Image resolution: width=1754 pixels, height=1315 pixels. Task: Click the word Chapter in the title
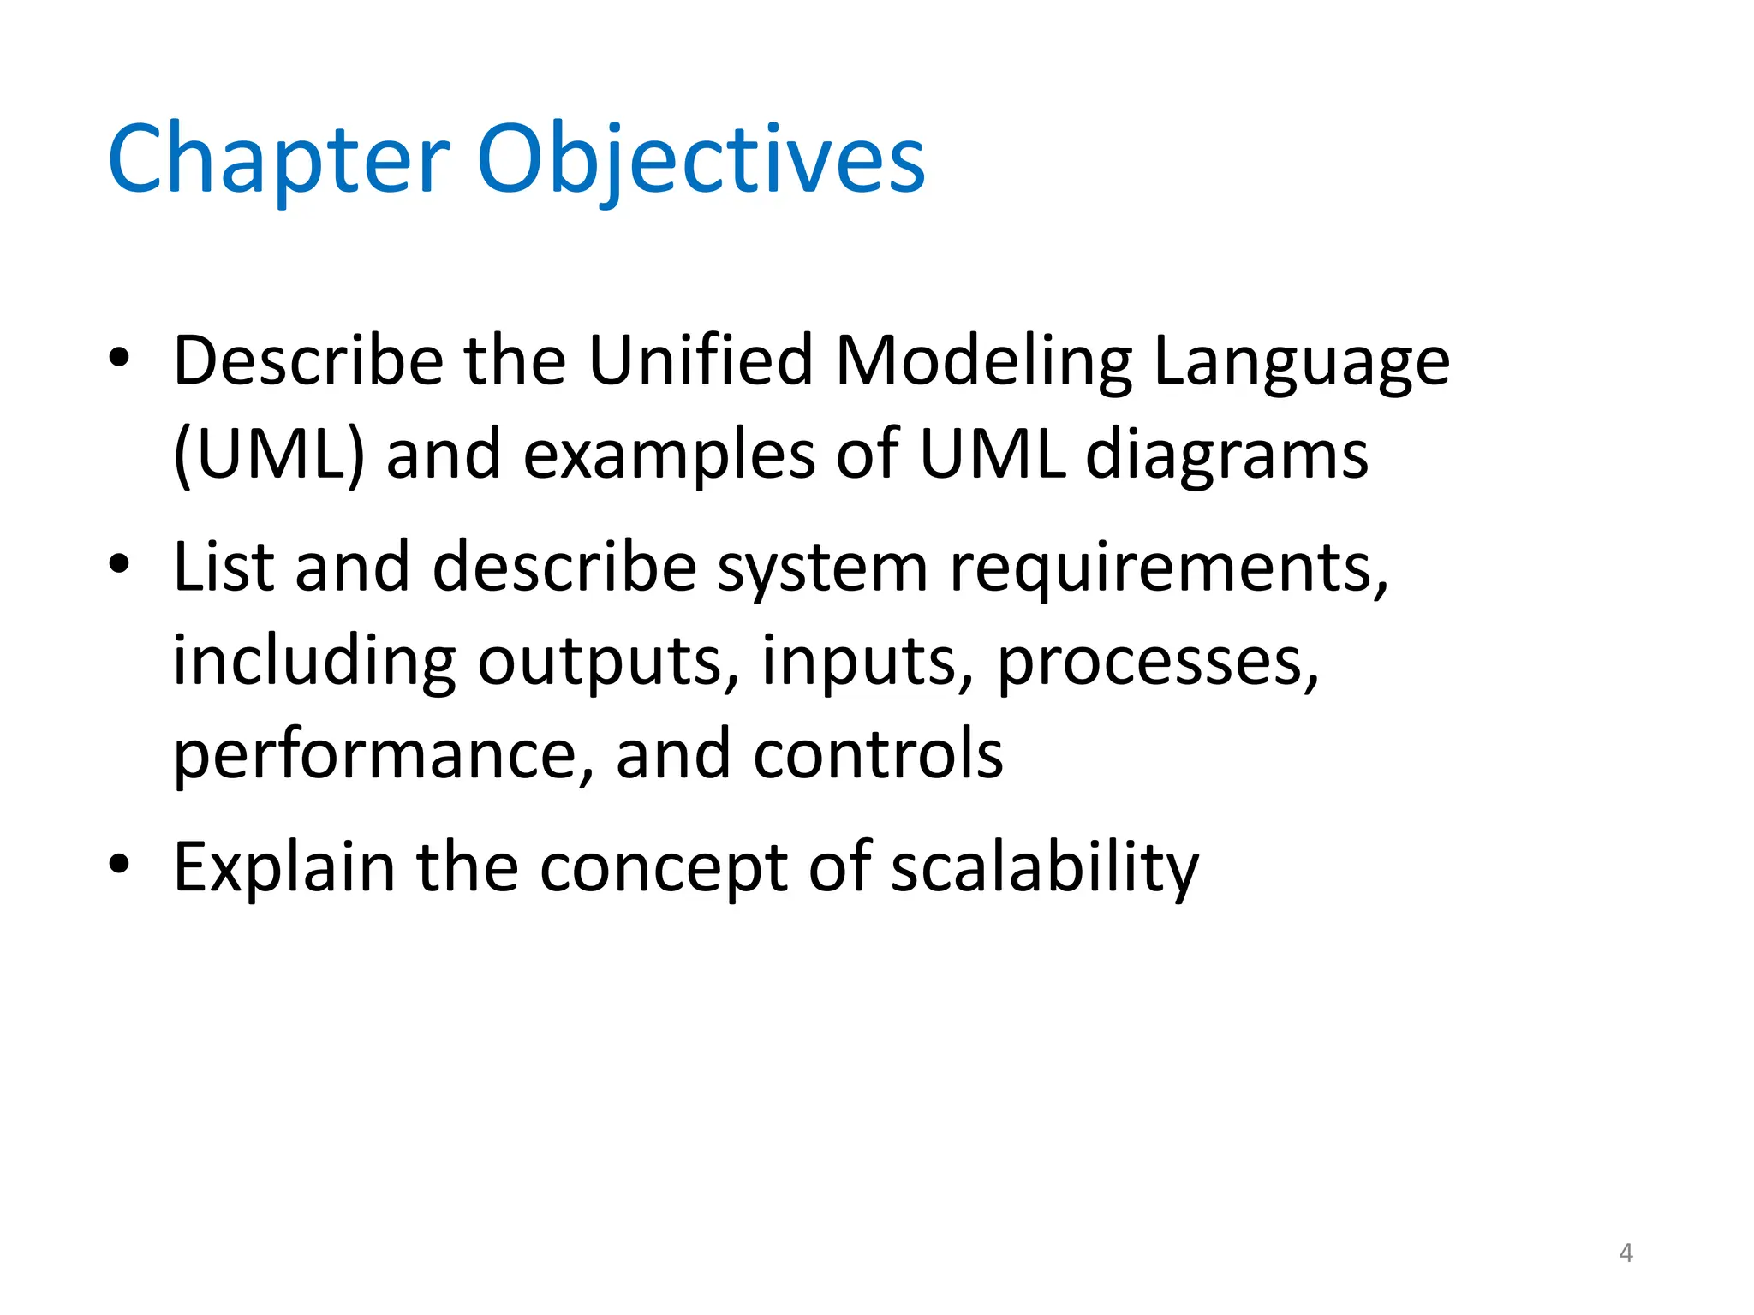click(x=278, y=161)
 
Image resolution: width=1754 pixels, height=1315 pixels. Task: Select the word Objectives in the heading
click(x=701, y=161)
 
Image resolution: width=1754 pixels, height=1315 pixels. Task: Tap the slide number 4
click(x=1626, y=1253)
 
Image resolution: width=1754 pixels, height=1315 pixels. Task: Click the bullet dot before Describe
click(x=119, y=358)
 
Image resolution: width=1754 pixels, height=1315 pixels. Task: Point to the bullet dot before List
click(x=119, y=564)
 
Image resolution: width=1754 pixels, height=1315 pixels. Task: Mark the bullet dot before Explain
click(x=119, y=865)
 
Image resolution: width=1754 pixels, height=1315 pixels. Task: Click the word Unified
click(x=700, y=360)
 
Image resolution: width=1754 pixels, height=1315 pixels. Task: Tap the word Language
click(x=1302, y=361)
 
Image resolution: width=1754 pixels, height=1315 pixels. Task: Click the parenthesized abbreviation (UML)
click(x=269, y=454)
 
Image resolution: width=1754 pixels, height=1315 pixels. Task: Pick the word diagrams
click(x=1226, y=454)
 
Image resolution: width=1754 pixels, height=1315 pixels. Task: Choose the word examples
click(x=669, y=454)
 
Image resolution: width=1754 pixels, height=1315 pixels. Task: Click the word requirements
click(x=1168, y=568)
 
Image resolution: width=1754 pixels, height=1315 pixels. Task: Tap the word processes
click(x=1158, y=661)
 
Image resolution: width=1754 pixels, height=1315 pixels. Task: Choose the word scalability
click(x=1045, y=868)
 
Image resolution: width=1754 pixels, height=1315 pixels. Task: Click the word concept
click(x=664, y=868)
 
